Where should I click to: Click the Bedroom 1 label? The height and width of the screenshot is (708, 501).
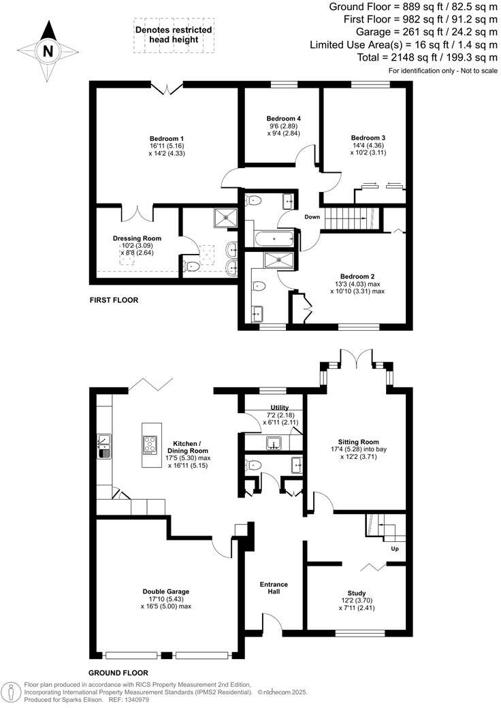pyautogui.click(x=167, y=138)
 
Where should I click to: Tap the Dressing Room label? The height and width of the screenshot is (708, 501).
pyautogui.click(x=137, y=238)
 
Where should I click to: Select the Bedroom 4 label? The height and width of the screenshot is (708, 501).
pyautogui.click(x=283, y=118)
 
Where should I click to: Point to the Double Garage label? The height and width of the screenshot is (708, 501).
pyautogui.click(x=166, y=592)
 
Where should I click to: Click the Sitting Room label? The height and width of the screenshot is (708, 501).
pyautogui.click(x=359, y=442)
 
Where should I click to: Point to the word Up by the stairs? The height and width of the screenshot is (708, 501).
pyautogui.click(x=394, y=548)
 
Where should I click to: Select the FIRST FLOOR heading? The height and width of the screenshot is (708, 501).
pyautogui.click(x=114, y=300)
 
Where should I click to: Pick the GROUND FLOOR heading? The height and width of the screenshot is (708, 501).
pyautogui.click(x=119, y=672)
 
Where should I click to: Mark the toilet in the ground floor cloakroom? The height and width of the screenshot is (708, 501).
pyautogui.click(x=255, y=466)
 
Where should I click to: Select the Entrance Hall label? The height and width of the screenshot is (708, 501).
pyautogui.click(x=274, y=588)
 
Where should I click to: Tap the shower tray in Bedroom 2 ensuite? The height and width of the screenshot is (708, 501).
pyautogui.click(x=276, y=258)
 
